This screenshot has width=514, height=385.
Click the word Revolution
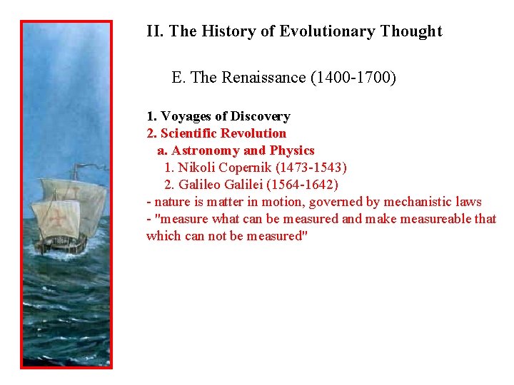253,133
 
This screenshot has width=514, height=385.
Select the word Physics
291,150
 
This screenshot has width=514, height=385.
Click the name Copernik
247,168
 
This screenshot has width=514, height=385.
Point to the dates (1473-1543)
313,168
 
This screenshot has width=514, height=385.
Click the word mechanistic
418,202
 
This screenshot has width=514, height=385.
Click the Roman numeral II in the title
153,31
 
